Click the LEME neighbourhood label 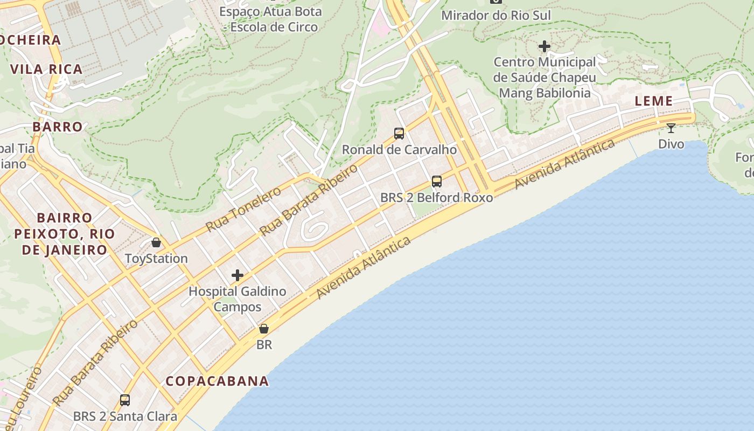point(653,101)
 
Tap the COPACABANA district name point(217,381)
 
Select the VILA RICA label point(46,69)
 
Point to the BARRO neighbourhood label point(58,127)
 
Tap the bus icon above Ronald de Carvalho point(399,134)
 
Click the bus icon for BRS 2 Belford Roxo point(437,182)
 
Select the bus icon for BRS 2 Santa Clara point(125,400)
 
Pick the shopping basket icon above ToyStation point(156,242)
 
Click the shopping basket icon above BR point(264,329)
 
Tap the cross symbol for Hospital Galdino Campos point(238,276)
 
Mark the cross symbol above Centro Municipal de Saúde point(544,46)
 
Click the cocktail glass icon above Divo point(671,128)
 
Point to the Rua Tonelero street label point(243,209)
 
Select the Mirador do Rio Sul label point(496,15)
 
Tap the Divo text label point(671,144)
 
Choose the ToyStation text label point(156,259)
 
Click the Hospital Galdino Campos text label point(238,299)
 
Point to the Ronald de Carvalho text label point(399,150)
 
